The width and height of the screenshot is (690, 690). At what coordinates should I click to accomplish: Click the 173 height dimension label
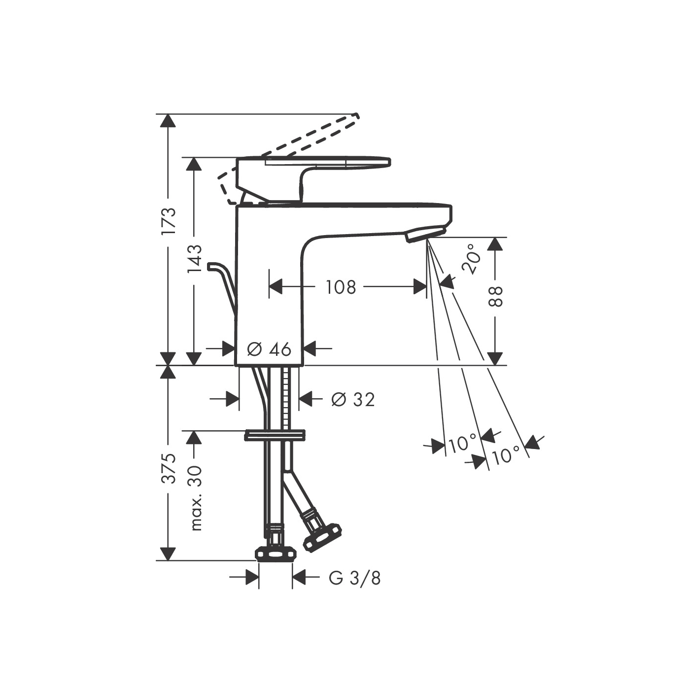[x=169, y=220]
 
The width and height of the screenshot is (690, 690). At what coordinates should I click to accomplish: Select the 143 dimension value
[x=195, y=258]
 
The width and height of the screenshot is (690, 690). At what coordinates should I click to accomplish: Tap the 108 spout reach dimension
[x=341, y=286]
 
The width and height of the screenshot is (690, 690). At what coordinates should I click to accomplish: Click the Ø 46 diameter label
[x=269, y=349]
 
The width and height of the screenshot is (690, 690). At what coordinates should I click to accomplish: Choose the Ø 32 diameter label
[x=353, y=399]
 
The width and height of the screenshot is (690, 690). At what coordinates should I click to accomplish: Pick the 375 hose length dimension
[x=169, y=468]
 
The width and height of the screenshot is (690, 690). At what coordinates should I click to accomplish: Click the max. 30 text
[x=196, y=498]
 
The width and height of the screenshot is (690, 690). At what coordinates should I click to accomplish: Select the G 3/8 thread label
[x=355, y=578]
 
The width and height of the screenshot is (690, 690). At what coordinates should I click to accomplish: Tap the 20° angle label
[x=471, y=259]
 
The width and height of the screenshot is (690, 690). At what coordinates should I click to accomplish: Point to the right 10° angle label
[x=506, y=454]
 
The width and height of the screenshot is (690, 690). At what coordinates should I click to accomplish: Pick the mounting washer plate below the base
[x=275, y=435]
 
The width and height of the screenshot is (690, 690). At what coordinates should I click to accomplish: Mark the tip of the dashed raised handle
[x=356, y=117]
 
